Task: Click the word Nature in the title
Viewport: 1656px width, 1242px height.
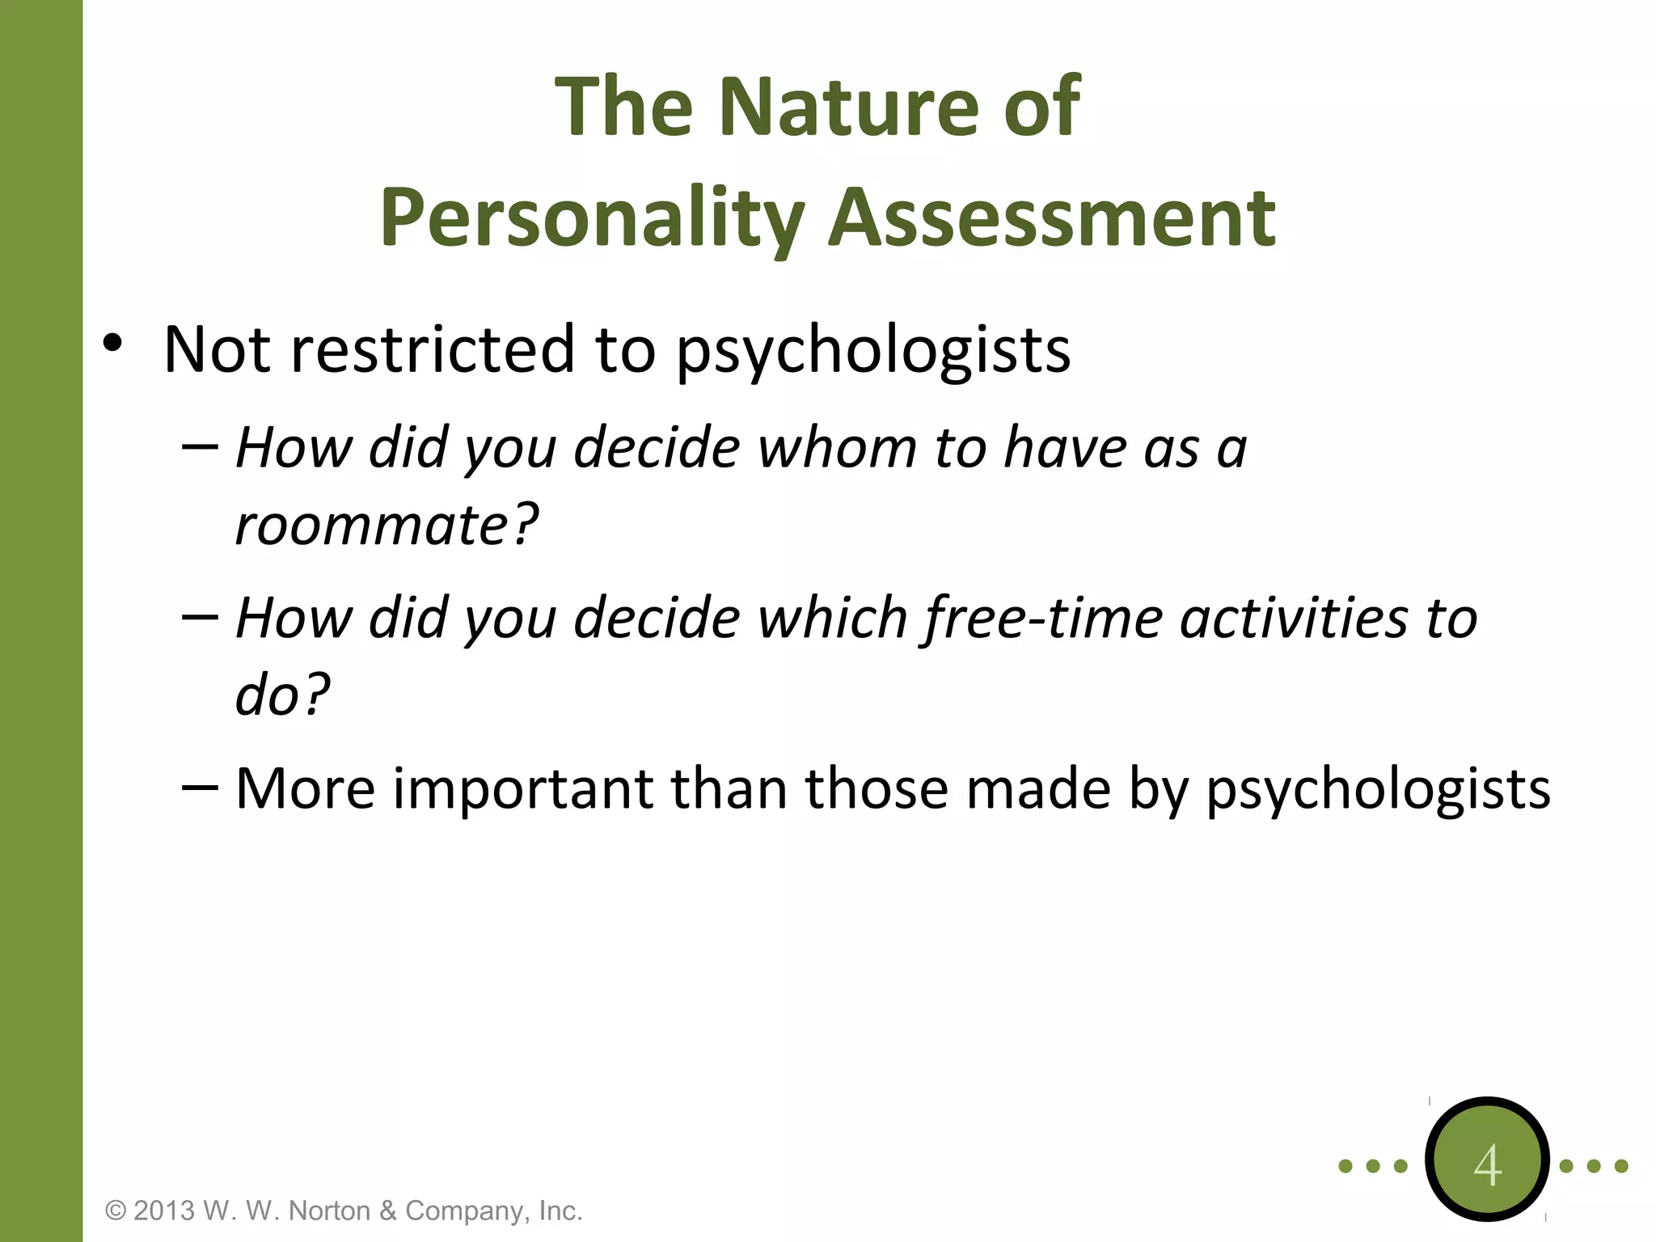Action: (849, 106)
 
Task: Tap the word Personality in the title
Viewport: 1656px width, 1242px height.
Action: (593, 218)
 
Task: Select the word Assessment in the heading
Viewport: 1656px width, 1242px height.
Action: (1052, 218)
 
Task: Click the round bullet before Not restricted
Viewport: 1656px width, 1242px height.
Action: (112, 344)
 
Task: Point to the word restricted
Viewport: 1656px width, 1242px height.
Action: (433, 349)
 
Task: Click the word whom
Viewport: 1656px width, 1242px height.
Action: (838, 448)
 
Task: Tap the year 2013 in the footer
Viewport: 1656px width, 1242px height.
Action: (164, 1210)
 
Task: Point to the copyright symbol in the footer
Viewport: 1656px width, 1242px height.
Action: (116, 1211)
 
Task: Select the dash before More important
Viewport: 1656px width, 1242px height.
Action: (200, 786)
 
